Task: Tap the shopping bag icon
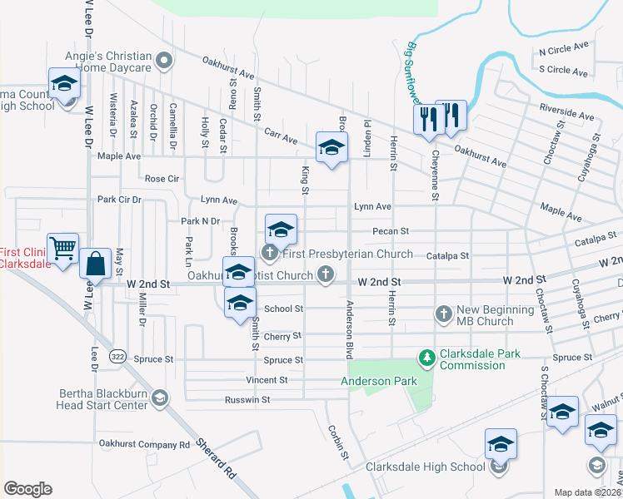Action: (x=96, y=264)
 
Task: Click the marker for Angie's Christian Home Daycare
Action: (x=165, y=59)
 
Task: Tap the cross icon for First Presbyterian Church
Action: (x=269, y=252)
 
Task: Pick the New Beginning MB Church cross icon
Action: (x=444, y=314)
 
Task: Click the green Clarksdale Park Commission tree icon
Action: (x=427, y=358)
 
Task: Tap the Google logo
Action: (x=27, y=488)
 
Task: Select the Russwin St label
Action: (x=247, y=399)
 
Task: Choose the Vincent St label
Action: (x=267, y=380)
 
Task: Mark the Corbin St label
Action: (x=337, y=443)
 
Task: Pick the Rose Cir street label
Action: (x=162, y=179)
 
